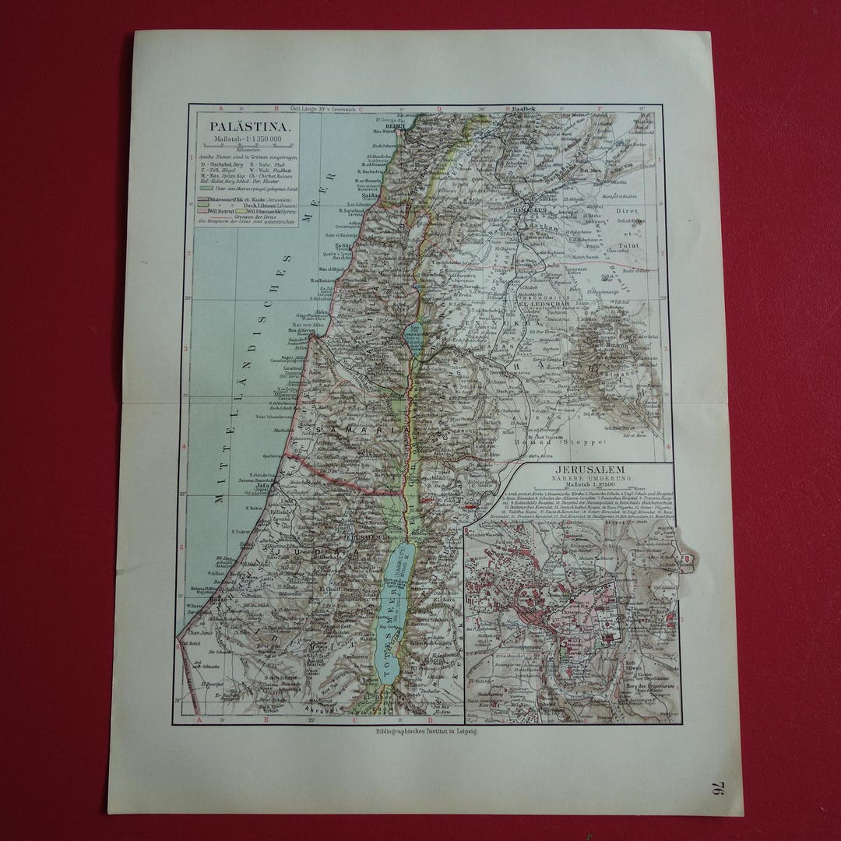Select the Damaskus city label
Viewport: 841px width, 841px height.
pos(530,209)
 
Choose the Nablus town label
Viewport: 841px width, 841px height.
pos(372,456)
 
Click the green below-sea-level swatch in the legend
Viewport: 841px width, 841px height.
pos(206,188)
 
